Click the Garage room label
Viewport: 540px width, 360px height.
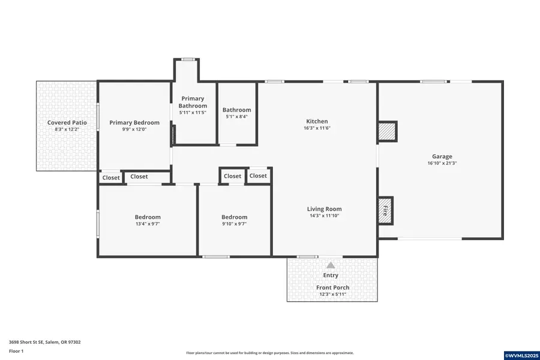[x=442, y=157]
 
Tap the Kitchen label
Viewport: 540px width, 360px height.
[x=317, y=121]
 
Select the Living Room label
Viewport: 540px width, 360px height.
[x=325, y=209]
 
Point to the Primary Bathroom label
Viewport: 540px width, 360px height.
[x=193, y=102]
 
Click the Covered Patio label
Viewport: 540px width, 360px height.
[x=67, y=122]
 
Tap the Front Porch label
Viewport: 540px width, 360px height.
[x=332, y=287]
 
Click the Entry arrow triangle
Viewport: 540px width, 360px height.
[x=331, y=265]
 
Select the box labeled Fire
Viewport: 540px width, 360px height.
[x=385, y=211]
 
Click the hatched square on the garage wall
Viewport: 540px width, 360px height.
[x=387, y=131]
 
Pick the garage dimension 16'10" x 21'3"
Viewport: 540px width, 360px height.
[x=442, y=163]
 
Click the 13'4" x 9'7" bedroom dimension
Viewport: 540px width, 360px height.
[x=148, y=224]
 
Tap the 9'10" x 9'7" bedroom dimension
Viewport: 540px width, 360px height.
[x=234, y=224]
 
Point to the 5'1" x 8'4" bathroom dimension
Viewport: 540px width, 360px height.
[x=236, y=117]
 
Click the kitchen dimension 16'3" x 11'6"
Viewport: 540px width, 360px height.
[x=317, y=128]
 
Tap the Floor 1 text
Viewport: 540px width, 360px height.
[x=16, y=350]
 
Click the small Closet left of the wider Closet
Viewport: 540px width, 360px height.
[x=111, y=178]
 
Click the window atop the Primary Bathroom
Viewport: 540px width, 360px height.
[x=188, y=59]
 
